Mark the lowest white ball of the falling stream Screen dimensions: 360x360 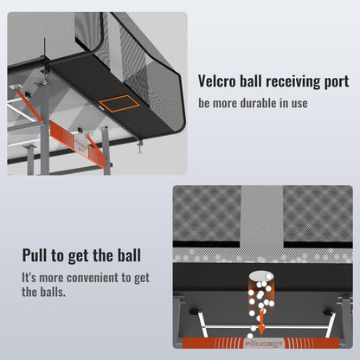point(251,335)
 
